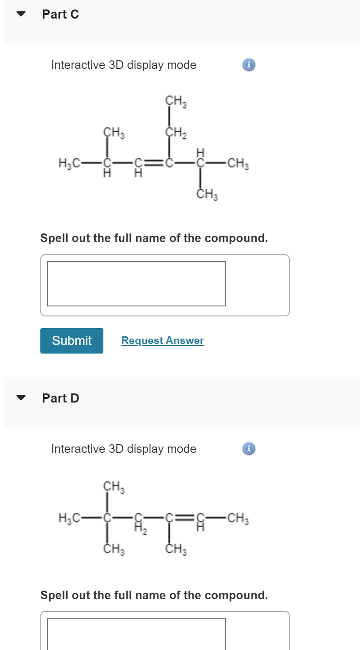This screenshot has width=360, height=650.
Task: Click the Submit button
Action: [x=72, y=340]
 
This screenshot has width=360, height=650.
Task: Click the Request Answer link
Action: [x=162, y=340]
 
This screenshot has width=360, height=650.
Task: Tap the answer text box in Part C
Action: [x=136, y=284]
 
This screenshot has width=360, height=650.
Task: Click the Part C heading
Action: [x=60, y=15]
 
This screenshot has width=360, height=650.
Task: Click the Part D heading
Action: [x=60, y=398]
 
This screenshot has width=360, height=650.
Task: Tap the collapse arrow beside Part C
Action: [x=20, y=14]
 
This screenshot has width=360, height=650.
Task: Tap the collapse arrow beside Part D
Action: [x=20, y=398]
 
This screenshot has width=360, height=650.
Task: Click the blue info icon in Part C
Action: [x=248, y=65]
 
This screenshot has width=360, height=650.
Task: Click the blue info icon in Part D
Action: [x=248, y=449]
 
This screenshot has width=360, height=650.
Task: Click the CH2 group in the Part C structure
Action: [x=175, y=133]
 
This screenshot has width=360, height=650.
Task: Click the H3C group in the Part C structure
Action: [x=69, y=163]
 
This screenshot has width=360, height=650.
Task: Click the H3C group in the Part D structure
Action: [x=69, y=517]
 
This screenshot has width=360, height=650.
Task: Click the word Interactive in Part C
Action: [x=78, y=65]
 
